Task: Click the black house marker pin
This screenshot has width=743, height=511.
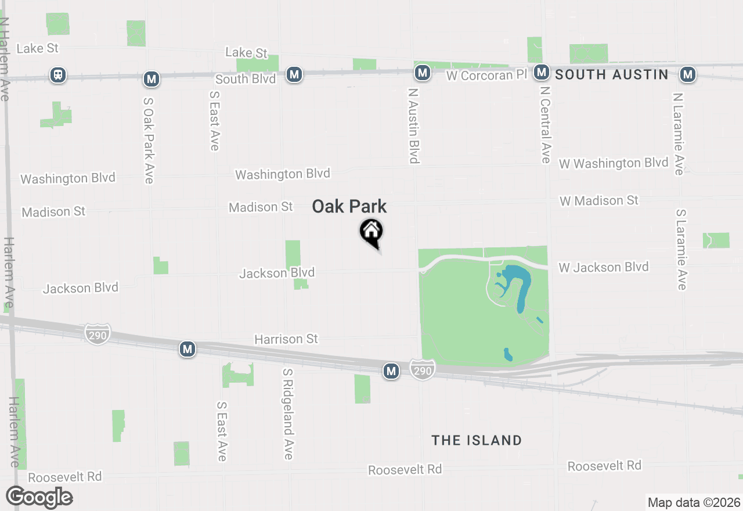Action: [x=371, y=233]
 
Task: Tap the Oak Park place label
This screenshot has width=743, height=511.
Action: [x=349, y=207]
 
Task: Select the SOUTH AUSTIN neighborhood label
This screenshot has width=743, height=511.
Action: [x=612, y=74]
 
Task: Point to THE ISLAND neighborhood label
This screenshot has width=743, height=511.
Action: [x=477, y=440]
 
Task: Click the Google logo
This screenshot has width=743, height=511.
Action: [x=39, y=497]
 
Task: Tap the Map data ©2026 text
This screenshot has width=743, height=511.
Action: [x=694, y=502]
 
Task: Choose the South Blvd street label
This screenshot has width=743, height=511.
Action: [x=246, y=79]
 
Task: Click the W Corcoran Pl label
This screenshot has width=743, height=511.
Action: [x=488, y=75]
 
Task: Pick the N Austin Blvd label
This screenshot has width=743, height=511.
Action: [x=414, y=124]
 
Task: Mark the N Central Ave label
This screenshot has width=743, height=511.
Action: [x=544, y=125]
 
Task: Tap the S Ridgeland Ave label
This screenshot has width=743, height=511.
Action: [x=288, y=413]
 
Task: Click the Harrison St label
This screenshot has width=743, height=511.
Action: [x=286, y=339]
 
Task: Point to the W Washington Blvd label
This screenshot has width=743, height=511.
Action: [x=614, y=163]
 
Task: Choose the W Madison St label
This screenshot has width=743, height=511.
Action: [x=599, y=201]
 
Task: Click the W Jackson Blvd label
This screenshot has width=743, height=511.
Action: [x=604, y=267]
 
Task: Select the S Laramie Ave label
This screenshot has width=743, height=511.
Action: [x=681, y=249]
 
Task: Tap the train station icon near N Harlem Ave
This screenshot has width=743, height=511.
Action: [x=58, y=75]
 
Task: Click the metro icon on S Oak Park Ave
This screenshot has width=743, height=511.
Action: [x=152, y=78]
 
